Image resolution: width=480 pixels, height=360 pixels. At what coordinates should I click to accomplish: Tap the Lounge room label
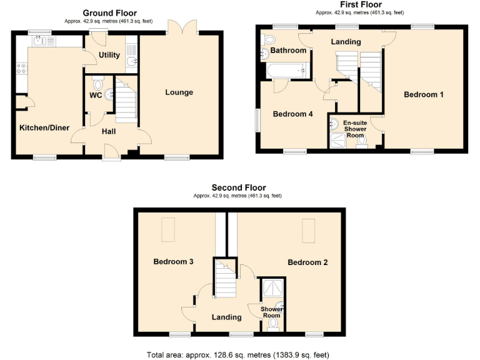click(x=179, y=92)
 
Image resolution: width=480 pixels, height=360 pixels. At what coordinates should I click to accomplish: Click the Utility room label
click(x=109, y=55)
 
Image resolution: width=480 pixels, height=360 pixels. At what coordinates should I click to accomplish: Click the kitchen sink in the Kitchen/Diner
click(x=42, y=41)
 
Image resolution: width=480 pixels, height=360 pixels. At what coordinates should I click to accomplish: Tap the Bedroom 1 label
click(x=423, y=95)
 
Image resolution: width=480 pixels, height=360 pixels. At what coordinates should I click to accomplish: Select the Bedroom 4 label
click(x=292, y=114)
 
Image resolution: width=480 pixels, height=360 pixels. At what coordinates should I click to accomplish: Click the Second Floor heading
click(x=238, y=187)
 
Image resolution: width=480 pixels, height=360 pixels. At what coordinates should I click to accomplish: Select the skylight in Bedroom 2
click(x=308, y=230)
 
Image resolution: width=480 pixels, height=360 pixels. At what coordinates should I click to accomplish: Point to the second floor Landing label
click(x=226, y=317)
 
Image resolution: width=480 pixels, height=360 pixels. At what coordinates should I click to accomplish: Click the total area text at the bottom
click(x=237, y=354)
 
